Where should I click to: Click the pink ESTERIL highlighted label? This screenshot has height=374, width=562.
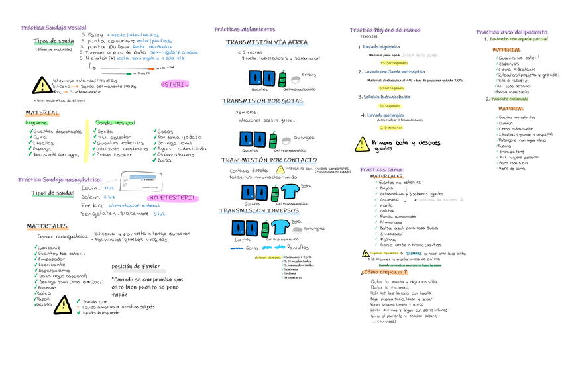174,85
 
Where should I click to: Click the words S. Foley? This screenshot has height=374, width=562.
92,34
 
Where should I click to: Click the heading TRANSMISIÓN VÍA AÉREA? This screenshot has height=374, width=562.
266,42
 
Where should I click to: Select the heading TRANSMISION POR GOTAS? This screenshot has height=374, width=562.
262,101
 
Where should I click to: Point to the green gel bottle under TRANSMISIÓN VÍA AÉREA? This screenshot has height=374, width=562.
282,79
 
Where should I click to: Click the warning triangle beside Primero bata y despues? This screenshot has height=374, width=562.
362,144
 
